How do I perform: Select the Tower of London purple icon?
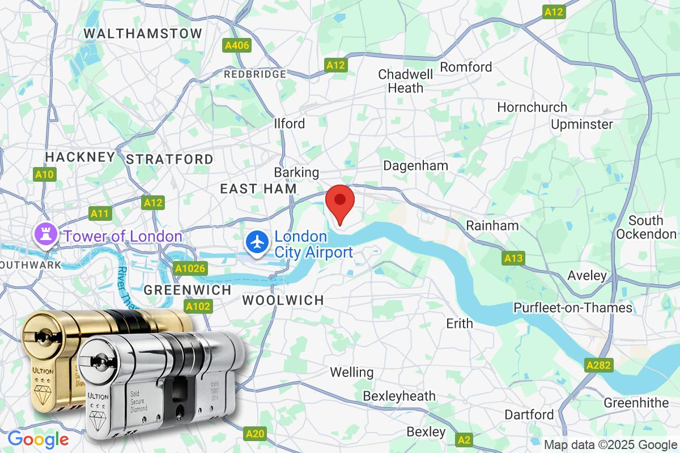(44, 235)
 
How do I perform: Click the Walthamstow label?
(143, 33)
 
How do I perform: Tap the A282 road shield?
(599, 365)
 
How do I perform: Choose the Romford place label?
(466, 67)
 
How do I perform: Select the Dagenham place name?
(416, 165)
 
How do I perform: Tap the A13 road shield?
(512, 259)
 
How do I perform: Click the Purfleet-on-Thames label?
(573, 307)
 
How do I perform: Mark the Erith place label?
(460, 323)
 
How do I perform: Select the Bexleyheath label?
(399, 395)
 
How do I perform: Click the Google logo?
(38, 439)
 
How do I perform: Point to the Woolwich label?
(283, 300)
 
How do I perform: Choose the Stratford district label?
(169, 159)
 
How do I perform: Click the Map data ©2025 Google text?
(611, 445)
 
